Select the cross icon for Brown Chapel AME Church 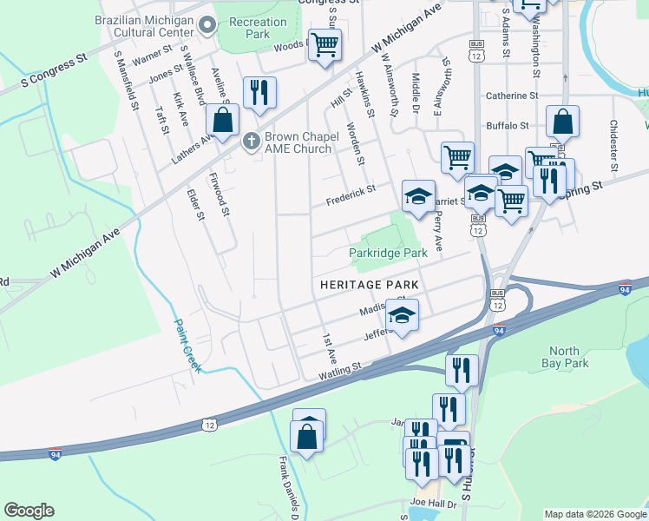252,141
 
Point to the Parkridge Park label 389,253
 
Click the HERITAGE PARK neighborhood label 370,285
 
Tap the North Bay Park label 565,358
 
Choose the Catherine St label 513,96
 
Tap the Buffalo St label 508,125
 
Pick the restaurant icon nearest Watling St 462,369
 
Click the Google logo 29,511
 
